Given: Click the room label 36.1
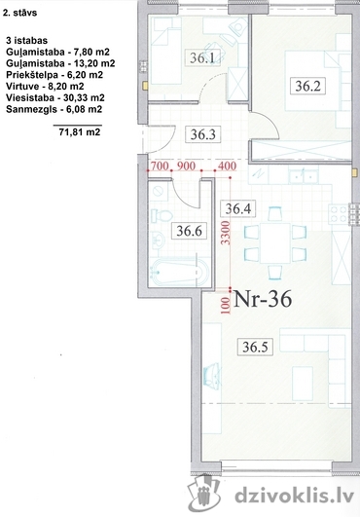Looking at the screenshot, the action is coord(202,57).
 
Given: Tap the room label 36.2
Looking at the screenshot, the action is coord(307,86).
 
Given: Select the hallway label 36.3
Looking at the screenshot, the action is coord(203,134).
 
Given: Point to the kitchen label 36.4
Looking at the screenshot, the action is coord(237,208).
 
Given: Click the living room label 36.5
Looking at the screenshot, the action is coord(255,347).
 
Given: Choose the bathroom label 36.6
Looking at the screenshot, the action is coord(189,231).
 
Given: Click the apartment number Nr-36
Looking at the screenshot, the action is coord(263,299).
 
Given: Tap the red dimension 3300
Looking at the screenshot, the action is coord(225,233).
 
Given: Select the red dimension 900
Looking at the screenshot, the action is coord(186,166).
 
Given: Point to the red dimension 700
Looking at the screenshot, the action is coord(160,166).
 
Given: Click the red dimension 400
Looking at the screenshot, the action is coord(227,166).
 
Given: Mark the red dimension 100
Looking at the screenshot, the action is coord(226,306).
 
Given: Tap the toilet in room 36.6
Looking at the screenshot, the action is coord(162,216).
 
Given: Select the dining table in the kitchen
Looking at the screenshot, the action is coord(275,243).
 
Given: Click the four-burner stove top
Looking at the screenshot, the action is coord(338,213).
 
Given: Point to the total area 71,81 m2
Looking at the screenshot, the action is coord(80,132).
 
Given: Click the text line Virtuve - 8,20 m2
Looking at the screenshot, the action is coord(45,87).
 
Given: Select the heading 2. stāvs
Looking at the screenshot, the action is coord(19,13).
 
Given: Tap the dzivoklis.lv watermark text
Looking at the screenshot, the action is coord(294,496).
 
